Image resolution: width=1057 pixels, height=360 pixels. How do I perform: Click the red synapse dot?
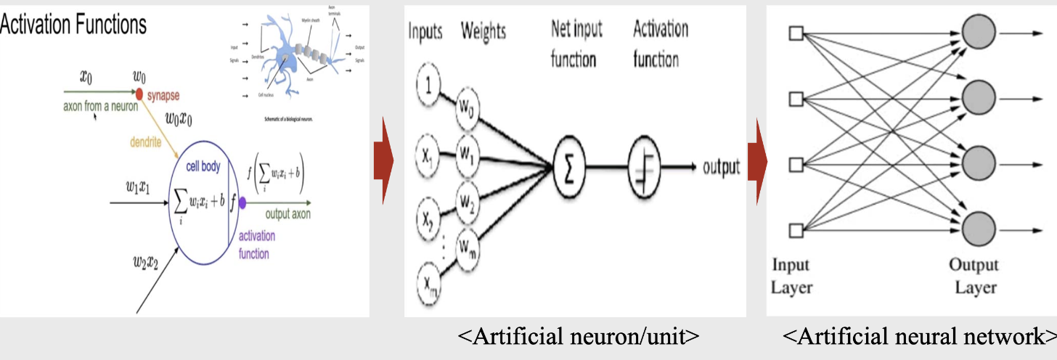tap(139, 92)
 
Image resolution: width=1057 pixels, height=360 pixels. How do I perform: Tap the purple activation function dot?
tap(242, 204)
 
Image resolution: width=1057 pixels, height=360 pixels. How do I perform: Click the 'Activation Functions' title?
tap(73, 25)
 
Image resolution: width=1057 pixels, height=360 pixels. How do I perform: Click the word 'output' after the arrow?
tap(720, 168)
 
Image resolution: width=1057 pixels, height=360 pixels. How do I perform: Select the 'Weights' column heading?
tap(483, 31)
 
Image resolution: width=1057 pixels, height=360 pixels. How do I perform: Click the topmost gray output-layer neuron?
tap(978, 33)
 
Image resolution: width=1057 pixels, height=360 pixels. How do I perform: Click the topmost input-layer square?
tap(796, 33)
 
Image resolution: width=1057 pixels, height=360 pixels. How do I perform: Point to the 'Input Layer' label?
tap(791, 276)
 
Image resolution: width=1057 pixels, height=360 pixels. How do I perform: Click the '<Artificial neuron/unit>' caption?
tap(579, 337)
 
